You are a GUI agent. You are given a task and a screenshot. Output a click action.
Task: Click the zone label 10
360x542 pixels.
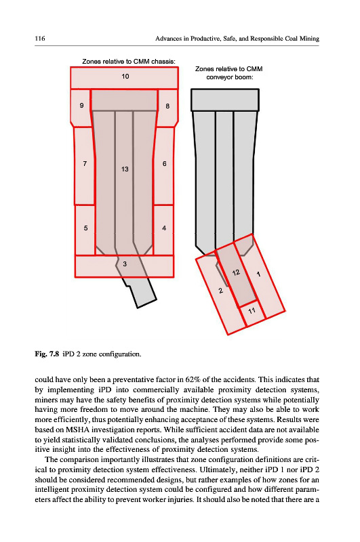pyautogui.click(x=125, y=76)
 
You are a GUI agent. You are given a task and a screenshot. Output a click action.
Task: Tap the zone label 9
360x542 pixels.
pyautogui.click(x=81, y=106)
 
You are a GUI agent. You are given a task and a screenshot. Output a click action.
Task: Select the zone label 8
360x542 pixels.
pyautogui.click(x=167, y=106)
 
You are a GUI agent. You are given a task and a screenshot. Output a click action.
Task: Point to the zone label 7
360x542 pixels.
pyautogui.click(x=85, y=163)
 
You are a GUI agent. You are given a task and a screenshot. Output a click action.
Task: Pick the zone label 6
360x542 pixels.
pyautogui.click(x=164, y=163)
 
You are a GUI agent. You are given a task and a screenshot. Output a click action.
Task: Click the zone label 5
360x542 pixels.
pyautogui.click(x=85, y=228)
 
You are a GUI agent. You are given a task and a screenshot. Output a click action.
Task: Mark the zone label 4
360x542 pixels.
pyautogui.click(x=164, y=228)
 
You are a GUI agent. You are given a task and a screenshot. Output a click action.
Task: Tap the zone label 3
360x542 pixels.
pyautogui.click(x=125, y=264)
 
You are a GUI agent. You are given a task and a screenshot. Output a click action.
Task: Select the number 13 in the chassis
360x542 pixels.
pyautogui.click(x=125, y=169)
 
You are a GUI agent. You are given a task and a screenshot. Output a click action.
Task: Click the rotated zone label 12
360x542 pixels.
pyautogui.click(x=236, y=273)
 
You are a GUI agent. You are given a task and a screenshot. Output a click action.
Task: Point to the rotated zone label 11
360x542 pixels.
pyautogui.click(x=252, y=311)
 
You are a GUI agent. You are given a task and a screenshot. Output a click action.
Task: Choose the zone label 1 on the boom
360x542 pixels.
pyautogui.click(x=258, y=274)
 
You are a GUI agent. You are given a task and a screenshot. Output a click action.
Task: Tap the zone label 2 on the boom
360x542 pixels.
pyautogui.click(x=220, y=291)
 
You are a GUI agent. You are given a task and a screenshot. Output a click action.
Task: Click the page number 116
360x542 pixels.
pyautogui.click(x=40, y=39)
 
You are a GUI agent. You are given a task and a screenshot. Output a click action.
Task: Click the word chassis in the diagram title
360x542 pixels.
pyautogui.click(x=163, y=62)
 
